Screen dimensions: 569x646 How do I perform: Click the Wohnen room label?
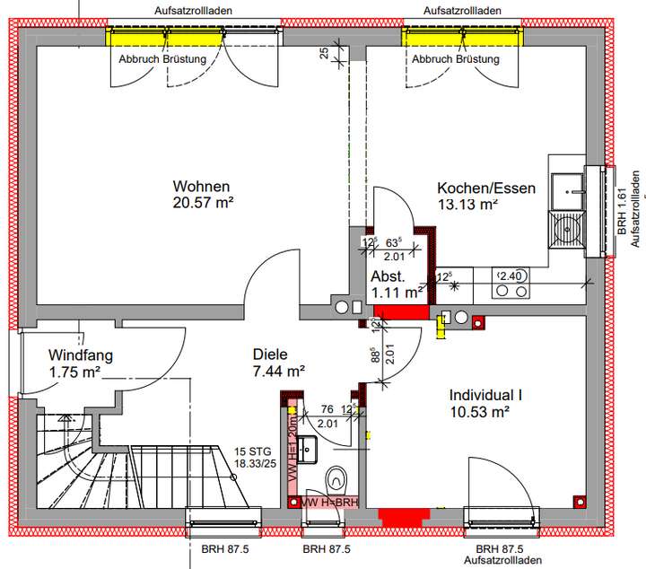(x=202, y=186)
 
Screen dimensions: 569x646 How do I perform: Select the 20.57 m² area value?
(x=203, y=203)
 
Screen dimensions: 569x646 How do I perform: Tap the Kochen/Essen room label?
(x=486, y=188)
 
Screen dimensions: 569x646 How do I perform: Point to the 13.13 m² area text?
(x=467, y=205)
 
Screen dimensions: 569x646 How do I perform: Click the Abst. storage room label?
(x=388, y=276)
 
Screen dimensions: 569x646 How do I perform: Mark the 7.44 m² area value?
(x=279, y=370)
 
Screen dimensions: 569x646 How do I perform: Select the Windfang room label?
(x=81, y=355)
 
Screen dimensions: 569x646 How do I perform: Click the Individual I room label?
(x=485, y=396)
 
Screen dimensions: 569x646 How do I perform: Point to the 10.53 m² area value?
(x=479, y=412)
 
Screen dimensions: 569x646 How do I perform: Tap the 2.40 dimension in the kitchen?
(x=510, y=275)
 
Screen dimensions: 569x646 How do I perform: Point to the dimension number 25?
(x=324, y=53)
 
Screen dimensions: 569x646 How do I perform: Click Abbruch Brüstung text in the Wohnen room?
(x=162, y=59)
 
